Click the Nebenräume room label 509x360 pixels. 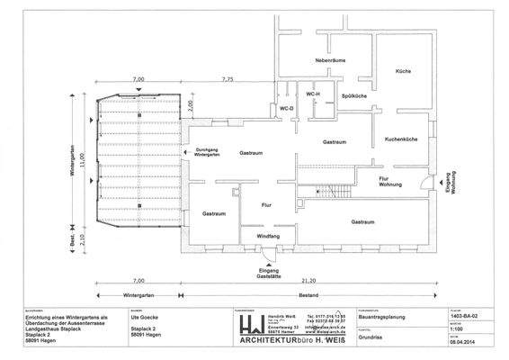tap(331, 60)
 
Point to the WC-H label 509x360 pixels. tap(313, 94)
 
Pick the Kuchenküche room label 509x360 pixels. tap(402, 141)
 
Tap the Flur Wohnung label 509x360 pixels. tap(389, 184)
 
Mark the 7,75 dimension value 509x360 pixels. tap(227, 80)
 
